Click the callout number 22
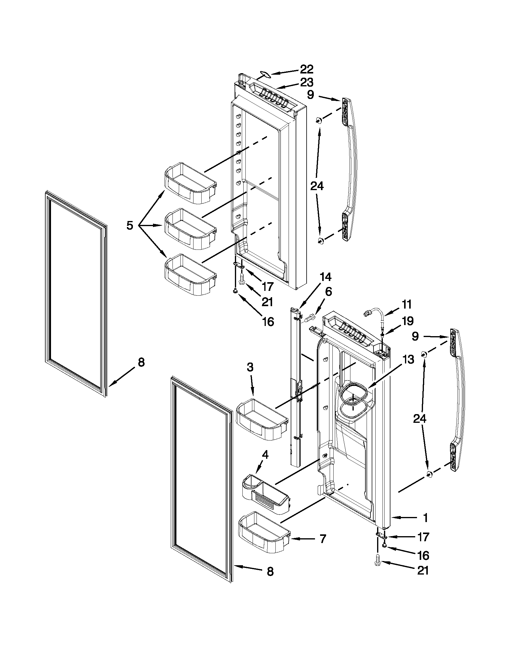pyautogui.click(x=306, y=70)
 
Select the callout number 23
pyautogui.click(x=306, y=82)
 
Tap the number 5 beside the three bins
pyautogui.click(x=130, y=225)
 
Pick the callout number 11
pyautogui.click(x=407, y=304)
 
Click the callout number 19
pyautogui.click(x=407, y=321)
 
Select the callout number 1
pyautogui.click(x=425, y=518)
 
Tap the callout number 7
pyautogui.click(x=322, y=539)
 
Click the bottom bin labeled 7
pyautogui.click(x=264, y=533)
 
